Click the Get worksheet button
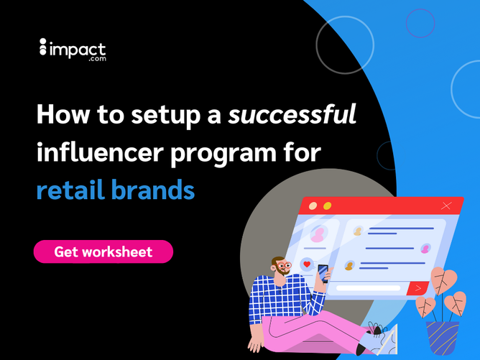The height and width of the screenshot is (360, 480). [x=103, y=251]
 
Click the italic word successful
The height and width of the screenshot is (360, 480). [x=292, y=114]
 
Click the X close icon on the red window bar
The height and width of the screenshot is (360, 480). [x=447, y=206]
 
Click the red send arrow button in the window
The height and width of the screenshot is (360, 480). [x=417, y=288]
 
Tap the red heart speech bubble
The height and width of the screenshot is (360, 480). [x=308, y=264]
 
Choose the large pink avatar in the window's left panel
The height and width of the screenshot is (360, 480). [x=318, y=234]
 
